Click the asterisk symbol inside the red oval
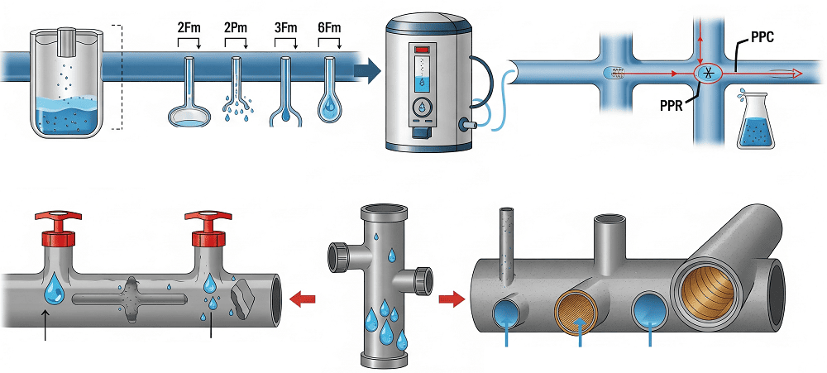[707, 74]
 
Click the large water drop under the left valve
[54, 287]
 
